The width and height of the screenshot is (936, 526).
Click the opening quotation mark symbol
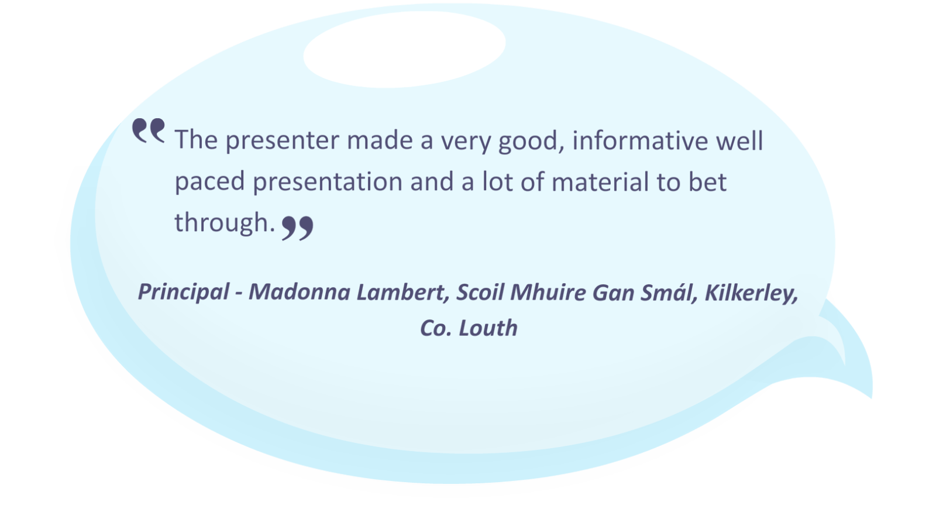pyautogui.click(x=149, y=131)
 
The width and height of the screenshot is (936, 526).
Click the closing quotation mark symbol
pyautogui.click(x=298, y=228)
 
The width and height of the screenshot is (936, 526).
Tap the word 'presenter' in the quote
pyautogui.click(x=283, y=141)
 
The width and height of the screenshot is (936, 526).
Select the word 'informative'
pyautogui.click(x=641, y=140)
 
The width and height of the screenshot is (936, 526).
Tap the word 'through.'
pyautogui.click(x=225, y=223)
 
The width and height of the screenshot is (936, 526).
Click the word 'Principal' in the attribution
pyautogui.click(x=184, y=292)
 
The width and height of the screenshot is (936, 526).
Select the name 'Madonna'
pyautogui.click(x=300, y=292)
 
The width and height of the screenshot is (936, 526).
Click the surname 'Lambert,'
pyautogui.click(x=403, y=292)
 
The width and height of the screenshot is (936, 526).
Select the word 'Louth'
pyautogui.click(x=488, y=328)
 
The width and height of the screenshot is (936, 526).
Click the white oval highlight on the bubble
pyautogui.click(x=404, y=49)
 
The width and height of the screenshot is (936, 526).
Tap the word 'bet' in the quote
pyautogui.click(x=707, y=182)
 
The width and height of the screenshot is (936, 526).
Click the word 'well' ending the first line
pyautogui.click(x=739, y=140)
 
